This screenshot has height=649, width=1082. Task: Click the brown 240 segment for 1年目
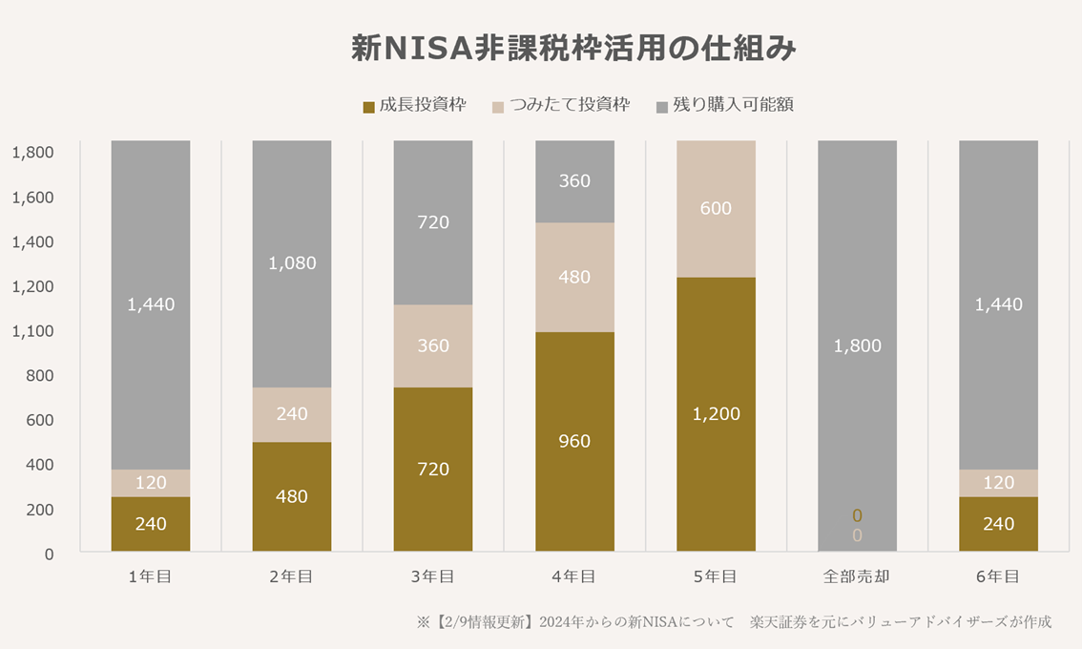151,524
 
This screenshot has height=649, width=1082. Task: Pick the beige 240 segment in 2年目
292,414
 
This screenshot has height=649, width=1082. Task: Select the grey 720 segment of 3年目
433,222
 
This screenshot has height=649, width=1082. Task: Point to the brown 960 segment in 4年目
574,441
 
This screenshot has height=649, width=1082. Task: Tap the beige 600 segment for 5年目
716,208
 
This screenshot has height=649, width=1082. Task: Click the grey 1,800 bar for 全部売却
857,345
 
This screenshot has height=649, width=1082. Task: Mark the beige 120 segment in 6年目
998,483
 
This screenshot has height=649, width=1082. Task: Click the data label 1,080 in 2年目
292,263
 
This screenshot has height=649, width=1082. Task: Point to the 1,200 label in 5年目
716,414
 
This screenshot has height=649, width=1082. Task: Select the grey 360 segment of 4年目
574,181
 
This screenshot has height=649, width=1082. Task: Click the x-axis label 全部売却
857,576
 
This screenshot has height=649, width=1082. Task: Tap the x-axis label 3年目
433,576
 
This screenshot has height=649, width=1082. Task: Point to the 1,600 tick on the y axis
33,198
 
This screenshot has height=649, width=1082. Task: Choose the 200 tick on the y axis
39,510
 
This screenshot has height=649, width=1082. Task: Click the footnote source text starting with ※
734,622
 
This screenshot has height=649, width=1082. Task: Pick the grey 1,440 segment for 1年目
151,304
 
